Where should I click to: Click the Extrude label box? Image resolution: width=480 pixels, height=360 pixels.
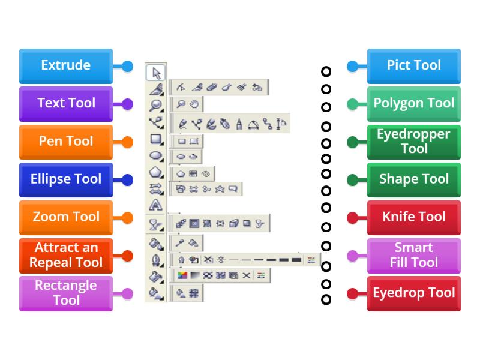(x=65, y=66)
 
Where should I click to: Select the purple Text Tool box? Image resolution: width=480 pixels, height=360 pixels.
(x=65, y=104)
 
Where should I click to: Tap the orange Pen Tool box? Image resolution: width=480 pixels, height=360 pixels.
(x=65, y=142)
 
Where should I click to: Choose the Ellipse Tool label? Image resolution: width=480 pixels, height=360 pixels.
(x=65, y=179)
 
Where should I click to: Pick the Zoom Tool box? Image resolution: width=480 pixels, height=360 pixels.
(x=65, y=217)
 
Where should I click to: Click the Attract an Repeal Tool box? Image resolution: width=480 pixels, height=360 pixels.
(x=65, y=256)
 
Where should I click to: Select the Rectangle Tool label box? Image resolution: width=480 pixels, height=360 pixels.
(x=65, y=293)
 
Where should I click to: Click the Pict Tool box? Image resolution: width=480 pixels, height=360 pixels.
(x=414, y=66)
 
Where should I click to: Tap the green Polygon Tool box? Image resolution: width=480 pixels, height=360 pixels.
(x=414, y=104)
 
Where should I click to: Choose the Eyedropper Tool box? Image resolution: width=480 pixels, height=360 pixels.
(x=414, y=142)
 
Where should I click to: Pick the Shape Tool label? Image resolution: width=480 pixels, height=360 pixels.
(x=414, y=179)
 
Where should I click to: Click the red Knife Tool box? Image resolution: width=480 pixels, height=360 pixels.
(x=414, y=217)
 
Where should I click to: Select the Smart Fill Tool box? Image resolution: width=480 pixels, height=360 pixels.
(x=414, y=256)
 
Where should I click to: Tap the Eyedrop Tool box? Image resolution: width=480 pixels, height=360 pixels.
(x=414, y=293)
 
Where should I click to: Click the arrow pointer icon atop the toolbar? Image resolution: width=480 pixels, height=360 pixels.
(x=156, y=73)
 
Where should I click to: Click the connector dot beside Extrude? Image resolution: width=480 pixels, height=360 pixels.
(x=127, y=66)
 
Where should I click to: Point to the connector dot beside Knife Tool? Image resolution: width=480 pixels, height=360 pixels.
(x=353, y=217)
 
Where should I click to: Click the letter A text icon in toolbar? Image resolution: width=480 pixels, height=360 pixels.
(x=155, y=206)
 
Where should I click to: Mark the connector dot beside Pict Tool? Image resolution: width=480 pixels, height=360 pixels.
(x=353, y=66)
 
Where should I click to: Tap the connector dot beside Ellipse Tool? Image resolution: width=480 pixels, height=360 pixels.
(x=127, y=179)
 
